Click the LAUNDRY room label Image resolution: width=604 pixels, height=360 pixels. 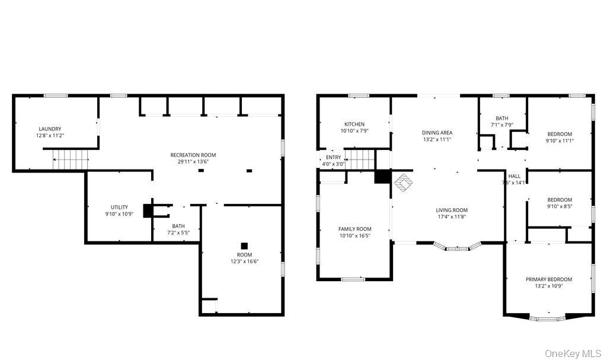[x=50, y=129]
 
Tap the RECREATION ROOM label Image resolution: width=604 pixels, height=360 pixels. [x=193, y=155]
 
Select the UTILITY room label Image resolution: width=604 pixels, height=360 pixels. [x=119, y=207]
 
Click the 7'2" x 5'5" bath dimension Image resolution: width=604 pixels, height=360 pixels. [x=178, y=232]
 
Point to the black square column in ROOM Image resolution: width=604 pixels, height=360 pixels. [x=244, y=246]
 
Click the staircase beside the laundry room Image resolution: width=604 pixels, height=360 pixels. [x=71, y=160]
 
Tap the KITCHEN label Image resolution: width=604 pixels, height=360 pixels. [x=354, y=124]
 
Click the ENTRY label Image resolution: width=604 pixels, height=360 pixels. [x=333, y=157]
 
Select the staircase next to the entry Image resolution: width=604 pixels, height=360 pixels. [x=360, y=160]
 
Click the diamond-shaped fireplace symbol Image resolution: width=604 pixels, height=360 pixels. [x=403, y=182]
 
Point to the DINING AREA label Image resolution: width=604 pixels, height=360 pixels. [x=437, y=133]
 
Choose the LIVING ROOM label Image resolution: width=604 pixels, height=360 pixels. [x=452, y=210]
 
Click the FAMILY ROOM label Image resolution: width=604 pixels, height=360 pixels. [x=355, y=229]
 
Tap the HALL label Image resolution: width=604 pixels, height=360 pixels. [x=514, y=176]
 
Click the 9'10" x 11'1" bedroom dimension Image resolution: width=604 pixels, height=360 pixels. [x=560, y=141]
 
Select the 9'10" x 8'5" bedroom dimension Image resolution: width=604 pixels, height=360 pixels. [x=560, y=206]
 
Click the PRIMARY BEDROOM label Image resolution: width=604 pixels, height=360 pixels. [x=549, y=279]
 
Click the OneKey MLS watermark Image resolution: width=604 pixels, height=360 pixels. [x=573, y=353]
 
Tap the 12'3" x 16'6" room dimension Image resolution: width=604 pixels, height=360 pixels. [x=244, y=262]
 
